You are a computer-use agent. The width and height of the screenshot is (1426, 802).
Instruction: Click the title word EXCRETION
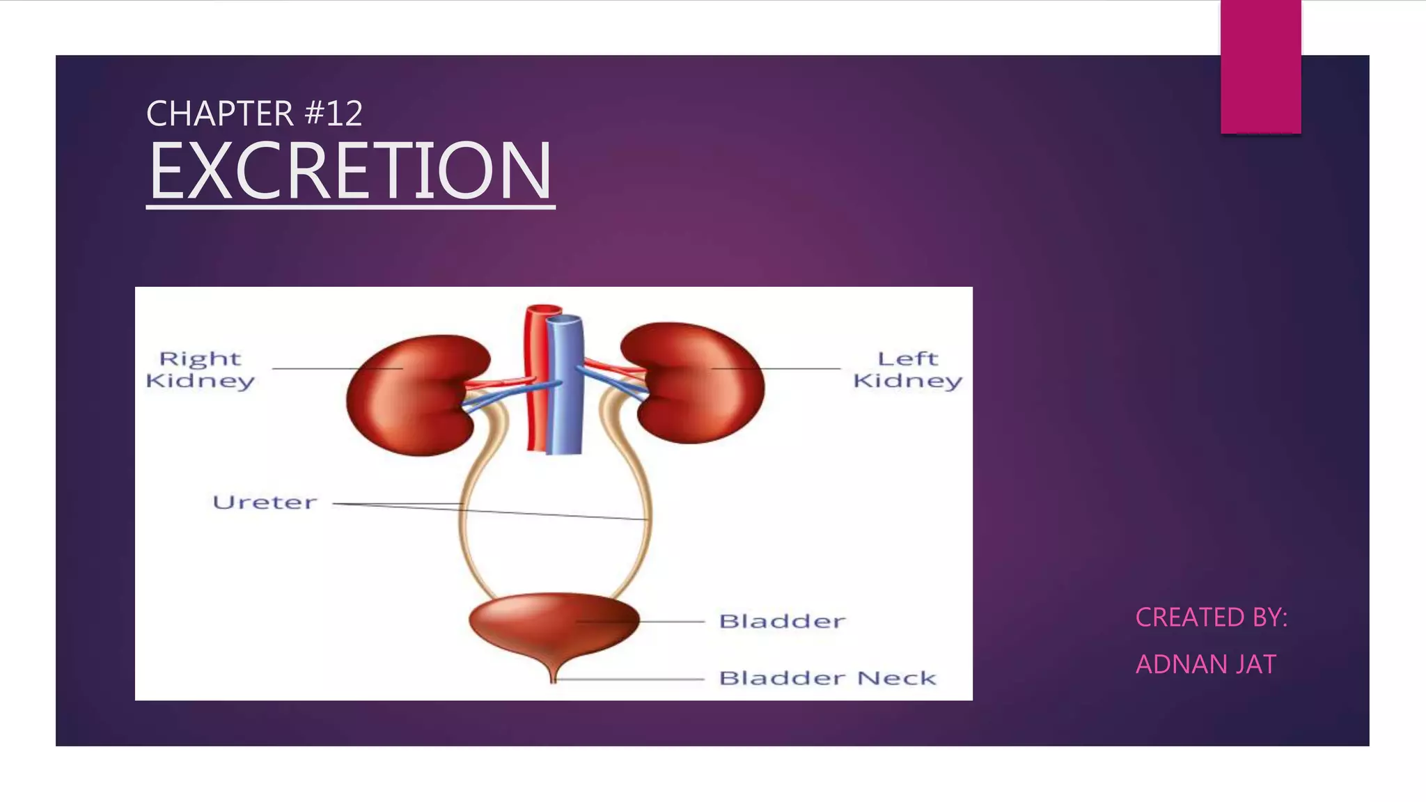(350, 171)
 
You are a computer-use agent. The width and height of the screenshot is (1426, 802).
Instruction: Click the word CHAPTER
(219, 113)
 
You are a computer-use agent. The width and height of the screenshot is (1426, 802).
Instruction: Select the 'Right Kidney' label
(201, 370)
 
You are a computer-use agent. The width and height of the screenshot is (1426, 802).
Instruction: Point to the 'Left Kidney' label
(907, 370)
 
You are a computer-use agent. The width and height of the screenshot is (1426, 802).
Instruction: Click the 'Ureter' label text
(265, 503)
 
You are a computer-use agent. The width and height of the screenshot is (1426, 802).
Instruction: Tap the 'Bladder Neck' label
(827, 678)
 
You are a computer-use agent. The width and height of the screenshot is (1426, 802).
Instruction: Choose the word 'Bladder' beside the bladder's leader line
(782, 621)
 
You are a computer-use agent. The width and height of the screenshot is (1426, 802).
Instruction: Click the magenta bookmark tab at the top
(1260, 66)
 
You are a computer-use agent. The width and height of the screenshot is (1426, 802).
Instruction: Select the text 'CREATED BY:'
(1212, 618)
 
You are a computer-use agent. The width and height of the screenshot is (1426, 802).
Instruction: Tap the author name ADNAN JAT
(1206, 664)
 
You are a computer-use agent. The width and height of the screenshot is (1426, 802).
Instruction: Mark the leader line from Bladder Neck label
(630, 679)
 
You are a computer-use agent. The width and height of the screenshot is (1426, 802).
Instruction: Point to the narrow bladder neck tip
(554, 675)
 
